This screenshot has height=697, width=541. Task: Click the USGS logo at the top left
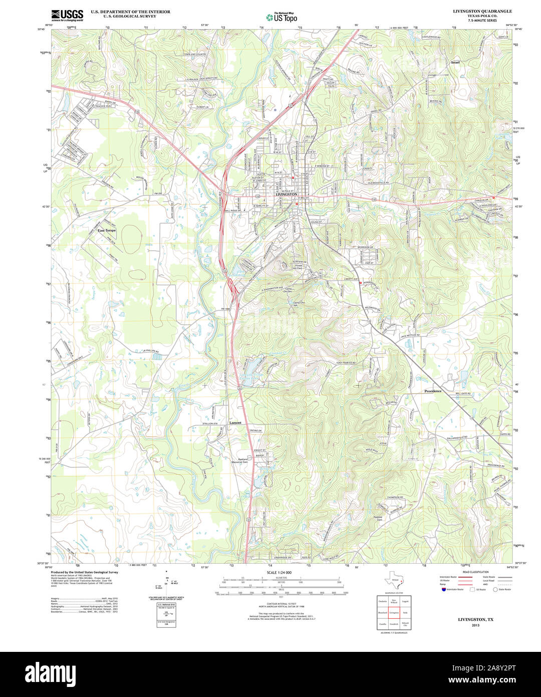click(x=67, y=15)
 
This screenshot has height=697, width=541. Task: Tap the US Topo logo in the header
click(x=281, y=17)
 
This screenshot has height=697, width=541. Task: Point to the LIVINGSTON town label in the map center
click(x=286, y=194)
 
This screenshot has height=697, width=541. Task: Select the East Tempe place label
click(x=107, y=230)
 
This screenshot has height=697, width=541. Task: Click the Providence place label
click(x=433, y=391)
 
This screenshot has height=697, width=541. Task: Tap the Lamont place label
click(x=235, y=423)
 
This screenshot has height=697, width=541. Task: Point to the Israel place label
click(x=455, y=62)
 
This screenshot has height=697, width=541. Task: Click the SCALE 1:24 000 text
click(x=279, y=572)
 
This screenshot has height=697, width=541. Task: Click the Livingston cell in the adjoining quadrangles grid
click(x=394, y=613)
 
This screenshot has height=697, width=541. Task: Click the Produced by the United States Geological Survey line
click(x=85, y=572)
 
